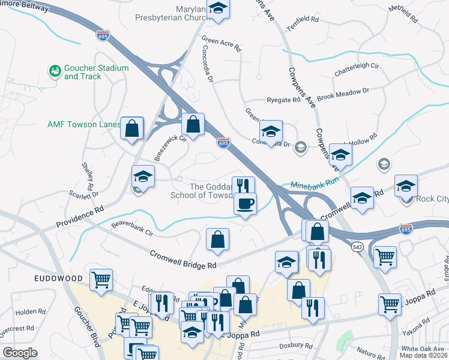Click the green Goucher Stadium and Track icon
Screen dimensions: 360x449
tap(55, 72)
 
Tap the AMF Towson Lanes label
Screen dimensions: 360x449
tap(84, 125)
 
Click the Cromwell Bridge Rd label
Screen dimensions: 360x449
tap(183, 260)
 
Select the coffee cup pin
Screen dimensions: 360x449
tap(245, 204)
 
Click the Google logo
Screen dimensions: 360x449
tap(20, 353)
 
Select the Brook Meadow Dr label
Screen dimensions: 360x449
tap(342, 94)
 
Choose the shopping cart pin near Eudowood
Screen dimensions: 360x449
tap(101, 280)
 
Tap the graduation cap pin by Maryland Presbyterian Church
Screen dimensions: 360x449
tap(217, 9)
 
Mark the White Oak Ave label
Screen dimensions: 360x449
tap(424, 349)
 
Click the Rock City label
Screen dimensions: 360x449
tap(433, 199)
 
